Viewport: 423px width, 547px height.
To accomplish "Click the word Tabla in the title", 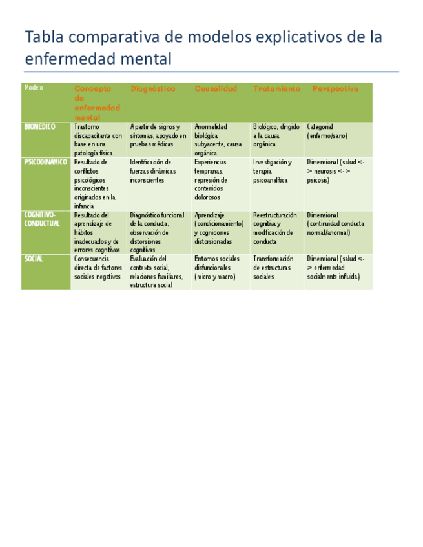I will click(43, 37).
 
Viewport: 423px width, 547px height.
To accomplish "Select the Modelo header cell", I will click(34, 88).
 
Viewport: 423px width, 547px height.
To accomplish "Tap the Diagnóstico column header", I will click(152, 89).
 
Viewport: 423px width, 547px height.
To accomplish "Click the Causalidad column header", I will click(216, 89).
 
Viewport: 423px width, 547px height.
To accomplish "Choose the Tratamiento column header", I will click(276, 89).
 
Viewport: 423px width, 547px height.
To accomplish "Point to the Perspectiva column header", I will click(335, 89).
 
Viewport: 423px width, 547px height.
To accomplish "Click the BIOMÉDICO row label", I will click(40, 127).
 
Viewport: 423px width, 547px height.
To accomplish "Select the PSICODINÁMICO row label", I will click(45, 162).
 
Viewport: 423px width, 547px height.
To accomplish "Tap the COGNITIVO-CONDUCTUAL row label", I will click(42, 219).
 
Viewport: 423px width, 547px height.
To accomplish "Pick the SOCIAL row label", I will click(34, 259).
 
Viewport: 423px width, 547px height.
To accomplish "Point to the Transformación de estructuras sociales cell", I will click(273, 268).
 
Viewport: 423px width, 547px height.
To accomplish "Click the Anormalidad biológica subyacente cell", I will click(218, 140).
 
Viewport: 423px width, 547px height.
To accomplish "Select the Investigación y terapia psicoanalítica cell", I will click(273, 171).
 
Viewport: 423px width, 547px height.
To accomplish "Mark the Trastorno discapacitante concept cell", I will click(98, 140).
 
